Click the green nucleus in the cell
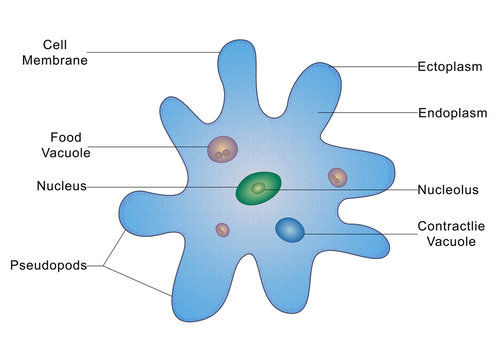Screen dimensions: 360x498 pyautogui.click(x=258, y=188)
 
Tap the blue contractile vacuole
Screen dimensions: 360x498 pyautogui.click(x=290, y=231)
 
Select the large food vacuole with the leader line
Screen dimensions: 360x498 pyautogui.click(x=222, y=150)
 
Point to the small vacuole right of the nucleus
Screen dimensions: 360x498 pyautogui.click(x=338, y=177)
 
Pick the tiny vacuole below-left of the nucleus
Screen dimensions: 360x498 pyautogui.click(x=222, y=230)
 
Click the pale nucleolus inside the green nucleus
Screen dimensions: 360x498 pyautogui.click(x=258, y=187)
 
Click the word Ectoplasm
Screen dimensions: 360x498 pyautogui.click(x=451, y=68)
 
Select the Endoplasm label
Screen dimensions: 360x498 pyautogui.click(x=452, y=112)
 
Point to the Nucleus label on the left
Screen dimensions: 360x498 pyautogui.click(x=61, y=186)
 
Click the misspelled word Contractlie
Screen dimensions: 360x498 pyautogui.click(x=451, y=227)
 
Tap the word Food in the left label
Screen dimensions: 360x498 pyautogui.click(x=65, y=137)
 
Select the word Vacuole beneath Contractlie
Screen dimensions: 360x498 pyautogui.click(x=451, y=242)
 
